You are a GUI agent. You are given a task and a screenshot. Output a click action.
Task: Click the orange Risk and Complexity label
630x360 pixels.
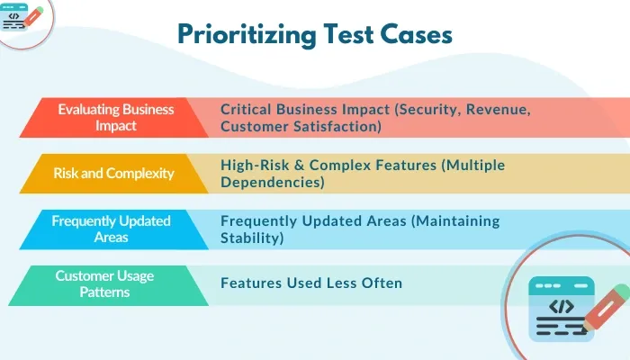point(113,173)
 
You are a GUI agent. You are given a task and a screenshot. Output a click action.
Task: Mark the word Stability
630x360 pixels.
point(253,238)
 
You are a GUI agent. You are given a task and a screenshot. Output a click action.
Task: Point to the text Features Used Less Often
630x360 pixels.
point(311,283)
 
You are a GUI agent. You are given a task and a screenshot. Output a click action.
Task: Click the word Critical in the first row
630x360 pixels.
point(250,109)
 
